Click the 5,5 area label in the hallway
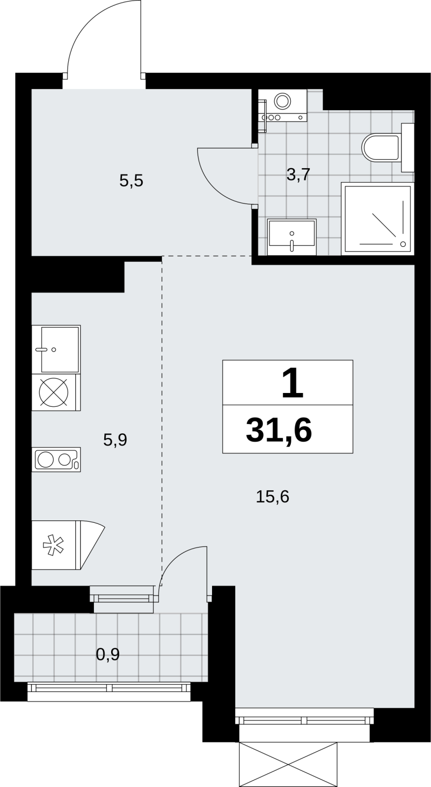coord(131,182)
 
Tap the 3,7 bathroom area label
coord(298,175)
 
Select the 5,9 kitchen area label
coord(115,440)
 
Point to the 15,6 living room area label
coord(273,497)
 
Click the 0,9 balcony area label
coord(108,654)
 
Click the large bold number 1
coord(292,383)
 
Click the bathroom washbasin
coord(292,237)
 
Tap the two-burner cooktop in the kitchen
coord(56,459)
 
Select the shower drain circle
coord(403,244)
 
